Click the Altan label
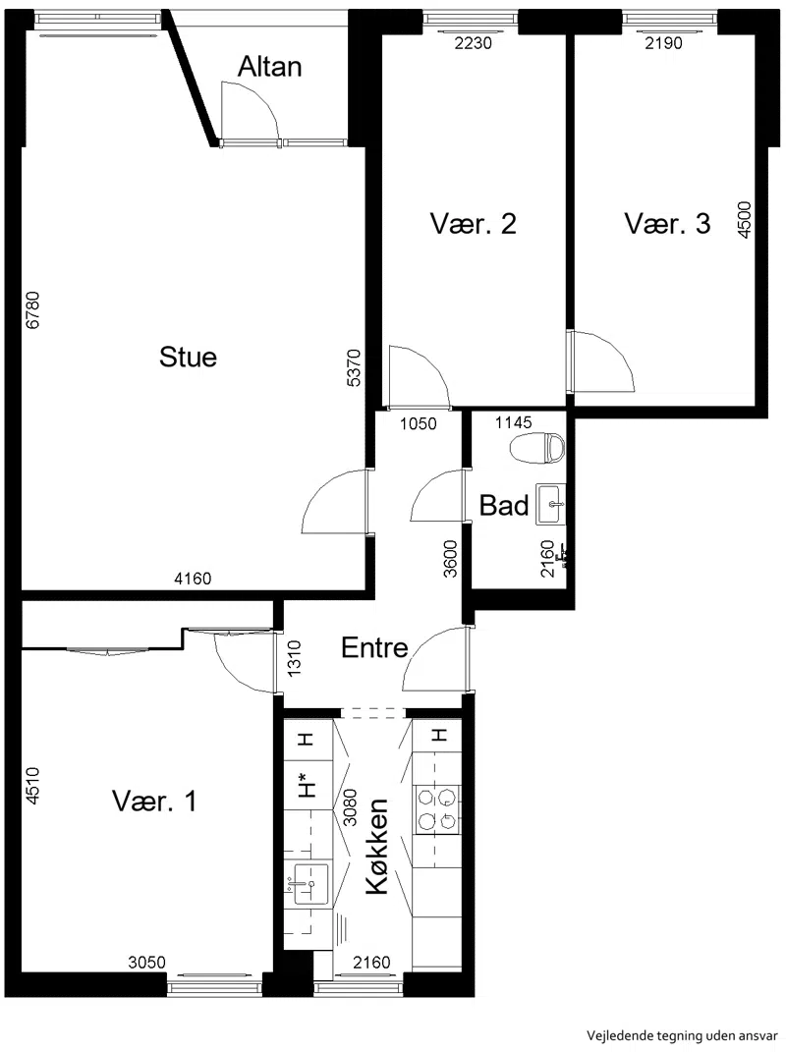(270, 67)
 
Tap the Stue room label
(188, 357)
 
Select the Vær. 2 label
(474, 224)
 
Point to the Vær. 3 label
(667, 224)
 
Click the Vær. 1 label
(154, 802)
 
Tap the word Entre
(374, 648)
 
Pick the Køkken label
(377, 846)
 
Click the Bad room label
(504, 506)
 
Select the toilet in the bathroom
(537, 448)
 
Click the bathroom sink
(550, 505)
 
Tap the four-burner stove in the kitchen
(437, 809)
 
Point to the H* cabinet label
(308, 784)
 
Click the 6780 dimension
(32, 310)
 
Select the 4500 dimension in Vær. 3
(745, 219)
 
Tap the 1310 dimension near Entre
(294, 658)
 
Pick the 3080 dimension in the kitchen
(350, 807)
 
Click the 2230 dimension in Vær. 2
(474, 43)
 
